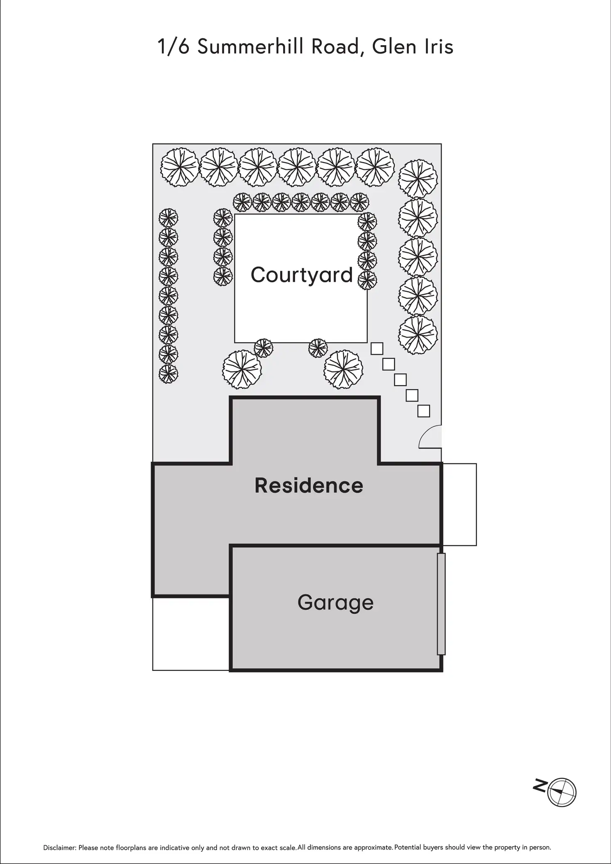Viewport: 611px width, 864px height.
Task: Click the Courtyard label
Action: [301, 275]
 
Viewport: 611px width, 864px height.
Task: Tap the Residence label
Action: [308, 485]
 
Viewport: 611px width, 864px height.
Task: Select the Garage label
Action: [335, 602]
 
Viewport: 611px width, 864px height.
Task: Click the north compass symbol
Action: [562, 792]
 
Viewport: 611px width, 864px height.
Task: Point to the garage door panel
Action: [441, 604]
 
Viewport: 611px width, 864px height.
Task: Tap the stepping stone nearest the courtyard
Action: [376, 348]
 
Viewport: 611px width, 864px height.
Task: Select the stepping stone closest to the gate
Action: [423, 411]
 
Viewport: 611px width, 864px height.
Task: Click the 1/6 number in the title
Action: [174, 47]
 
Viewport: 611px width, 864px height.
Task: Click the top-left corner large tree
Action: [179, 167]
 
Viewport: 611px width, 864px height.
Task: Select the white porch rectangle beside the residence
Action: [459, 504]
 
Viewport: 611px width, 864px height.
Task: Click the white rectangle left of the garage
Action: [191, 634]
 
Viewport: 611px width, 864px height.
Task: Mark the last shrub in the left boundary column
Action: [168, 374]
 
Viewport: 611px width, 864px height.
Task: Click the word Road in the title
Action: [335, 47]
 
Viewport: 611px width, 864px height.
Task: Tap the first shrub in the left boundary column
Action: [168, 217]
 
